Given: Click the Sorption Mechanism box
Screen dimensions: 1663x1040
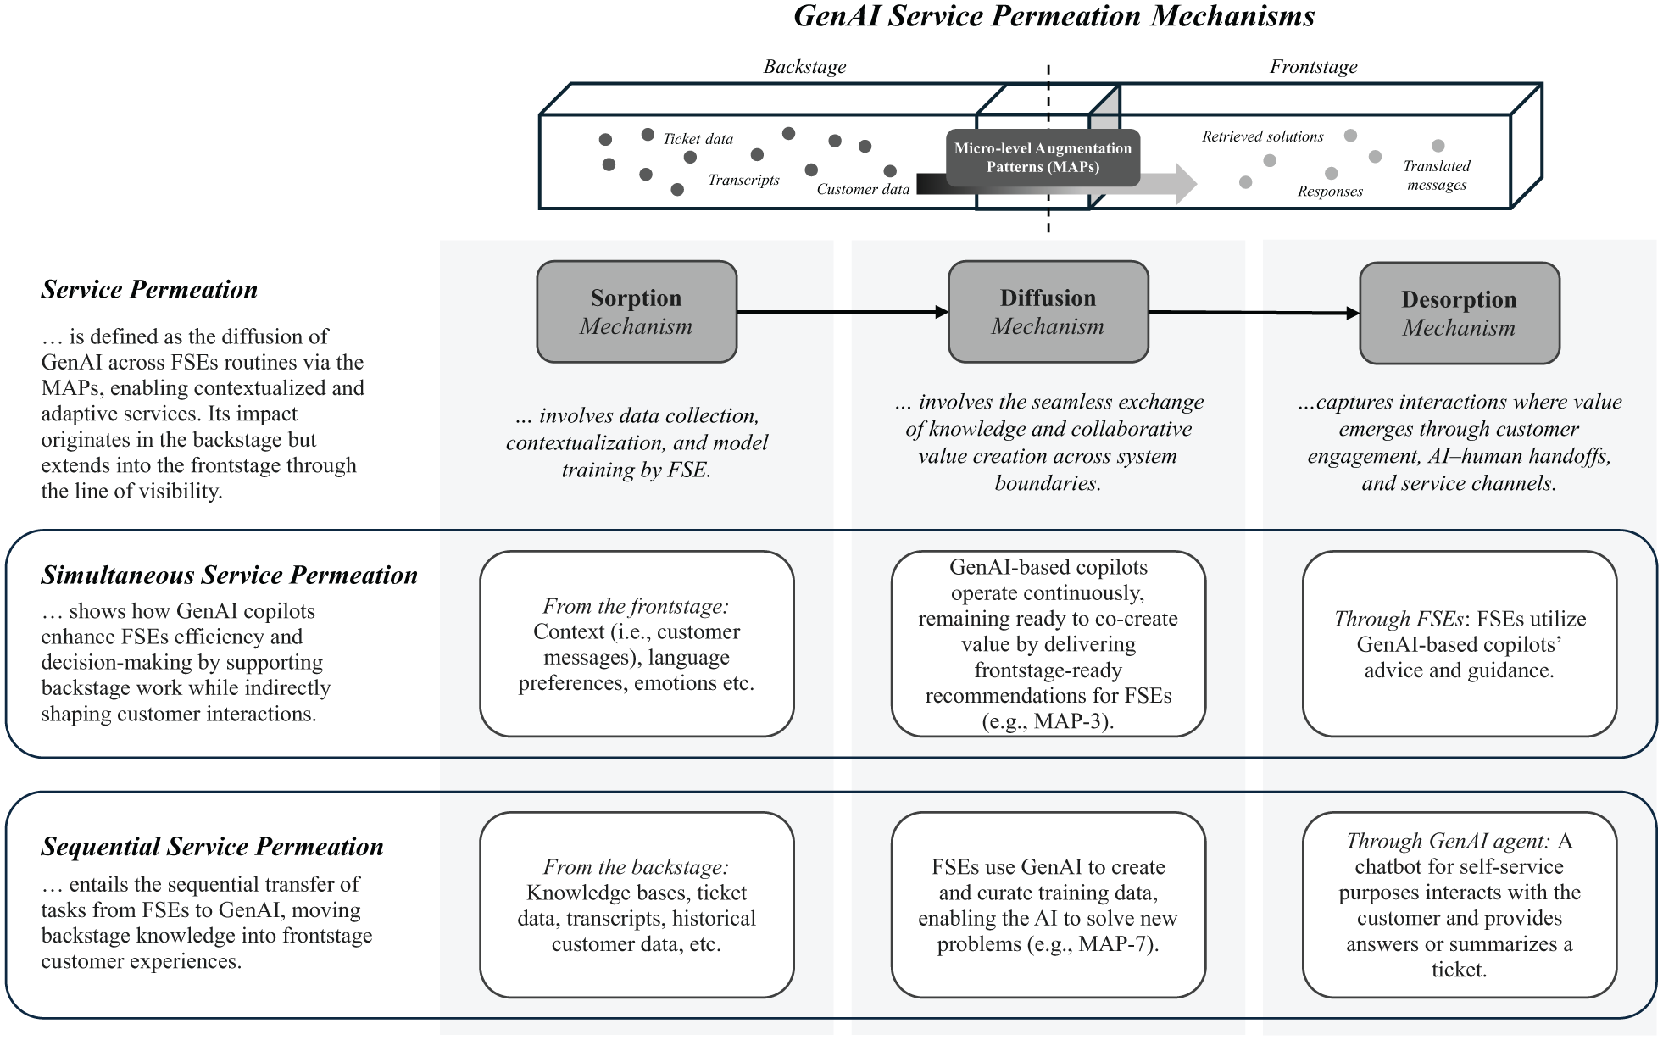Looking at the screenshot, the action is coord(637,312).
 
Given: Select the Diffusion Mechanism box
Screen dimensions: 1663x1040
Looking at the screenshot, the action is coord(1048,312).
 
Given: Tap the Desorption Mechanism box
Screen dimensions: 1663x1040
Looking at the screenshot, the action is coord(1460,313).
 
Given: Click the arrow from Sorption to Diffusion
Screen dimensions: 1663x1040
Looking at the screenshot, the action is coord(843,312).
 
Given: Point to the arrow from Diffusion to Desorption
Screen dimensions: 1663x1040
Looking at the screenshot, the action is coord(1254,313).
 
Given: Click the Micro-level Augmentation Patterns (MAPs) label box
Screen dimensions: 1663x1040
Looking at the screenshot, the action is coord(1043,158).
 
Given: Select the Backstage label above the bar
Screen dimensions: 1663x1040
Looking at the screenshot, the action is coord(804,67).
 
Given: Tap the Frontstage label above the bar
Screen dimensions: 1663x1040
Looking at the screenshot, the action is coord(1313,67).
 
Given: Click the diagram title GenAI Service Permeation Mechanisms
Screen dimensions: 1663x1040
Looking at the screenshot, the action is coord(1054,16).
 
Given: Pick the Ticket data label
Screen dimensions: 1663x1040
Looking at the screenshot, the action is coord(698,139).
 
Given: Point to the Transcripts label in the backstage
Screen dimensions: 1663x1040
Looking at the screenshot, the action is coord(743,180).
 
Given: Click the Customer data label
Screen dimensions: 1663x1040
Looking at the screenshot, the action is coord(863,189).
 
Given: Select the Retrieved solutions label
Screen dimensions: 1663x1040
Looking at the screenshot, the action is coord(1262,136).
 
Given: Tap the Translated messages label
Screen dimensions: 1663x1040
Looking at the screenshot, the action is coord(1437,175).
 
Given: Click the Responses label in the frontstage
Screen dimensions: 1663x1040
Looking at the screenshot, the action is coord(1330,192).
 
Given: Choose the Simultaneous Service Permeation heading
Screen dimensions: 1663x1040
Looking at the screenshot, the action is coord(229,576).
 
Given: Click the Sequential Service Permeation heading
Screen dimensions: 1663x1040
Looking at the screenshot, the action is coord(212,847).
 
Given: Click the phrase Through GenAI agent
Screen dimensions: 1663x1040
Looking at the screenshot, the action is coord(1448,841).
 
